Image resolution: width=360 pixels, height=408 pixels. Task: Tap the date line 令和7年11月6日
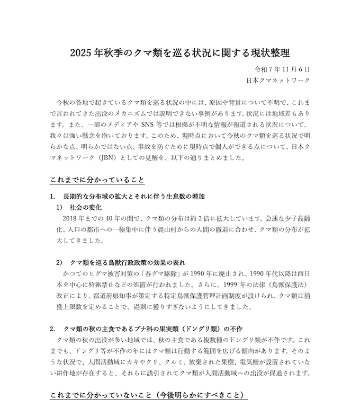click(282, 69)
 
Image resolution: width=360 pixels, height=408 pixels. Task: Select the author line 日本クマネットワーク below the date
click(278, 81)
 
